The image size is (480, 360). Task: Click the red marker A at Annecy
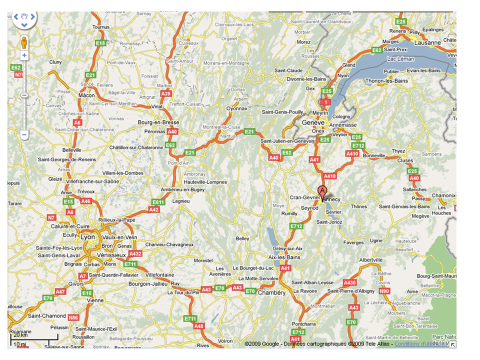pyautogui.click(x=322, y=191)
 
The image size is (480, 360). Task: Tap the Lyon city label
pyautogui.click(x=87, y=237)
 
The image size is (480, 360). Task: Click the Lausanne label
pyautogui.click(x=427, y=42)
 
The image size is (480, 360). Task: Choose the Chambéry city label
pyautogui.click(x=271, y=292)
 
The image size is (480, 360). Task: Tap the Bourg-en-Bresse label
pyautogui.click(x=158, y=122)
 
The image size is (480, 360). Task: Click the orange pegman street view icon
pyautogui.click(x=24, y=42)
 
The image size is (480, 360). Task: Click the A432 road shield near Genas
pyautogui.click(x=135, y=253)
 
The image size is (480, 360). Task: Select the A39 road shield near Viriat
pyautogui.click(x=166, y=93)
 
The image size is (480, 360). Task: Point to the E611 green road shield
pyautogui.click(x=158, y=202)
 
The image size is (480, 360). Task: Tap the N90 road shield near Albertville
pyautogui.click(x=384, y=291)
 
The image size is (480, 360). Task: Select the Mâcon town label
pyautogui.click(x=86, y=95)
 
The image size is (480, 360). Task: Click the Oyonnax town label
pyautogui.click(x=236, y=108)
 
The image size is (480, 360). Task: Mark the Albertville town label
pyautogui.click(x=374, y=260)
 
